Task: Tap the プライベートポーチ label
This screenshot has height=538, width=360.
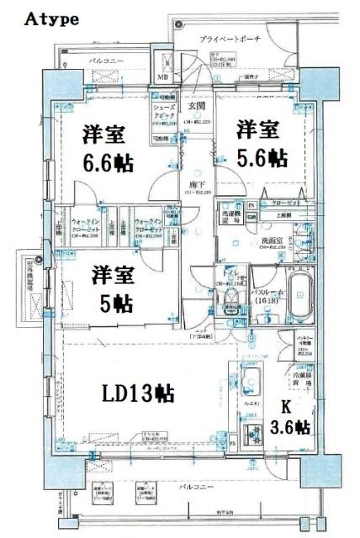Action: [230, 40]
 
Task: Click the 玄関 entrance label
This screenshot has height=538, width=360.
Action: [196, 106]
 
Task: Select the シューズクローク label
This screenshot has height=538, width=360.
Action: [163, 111]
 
